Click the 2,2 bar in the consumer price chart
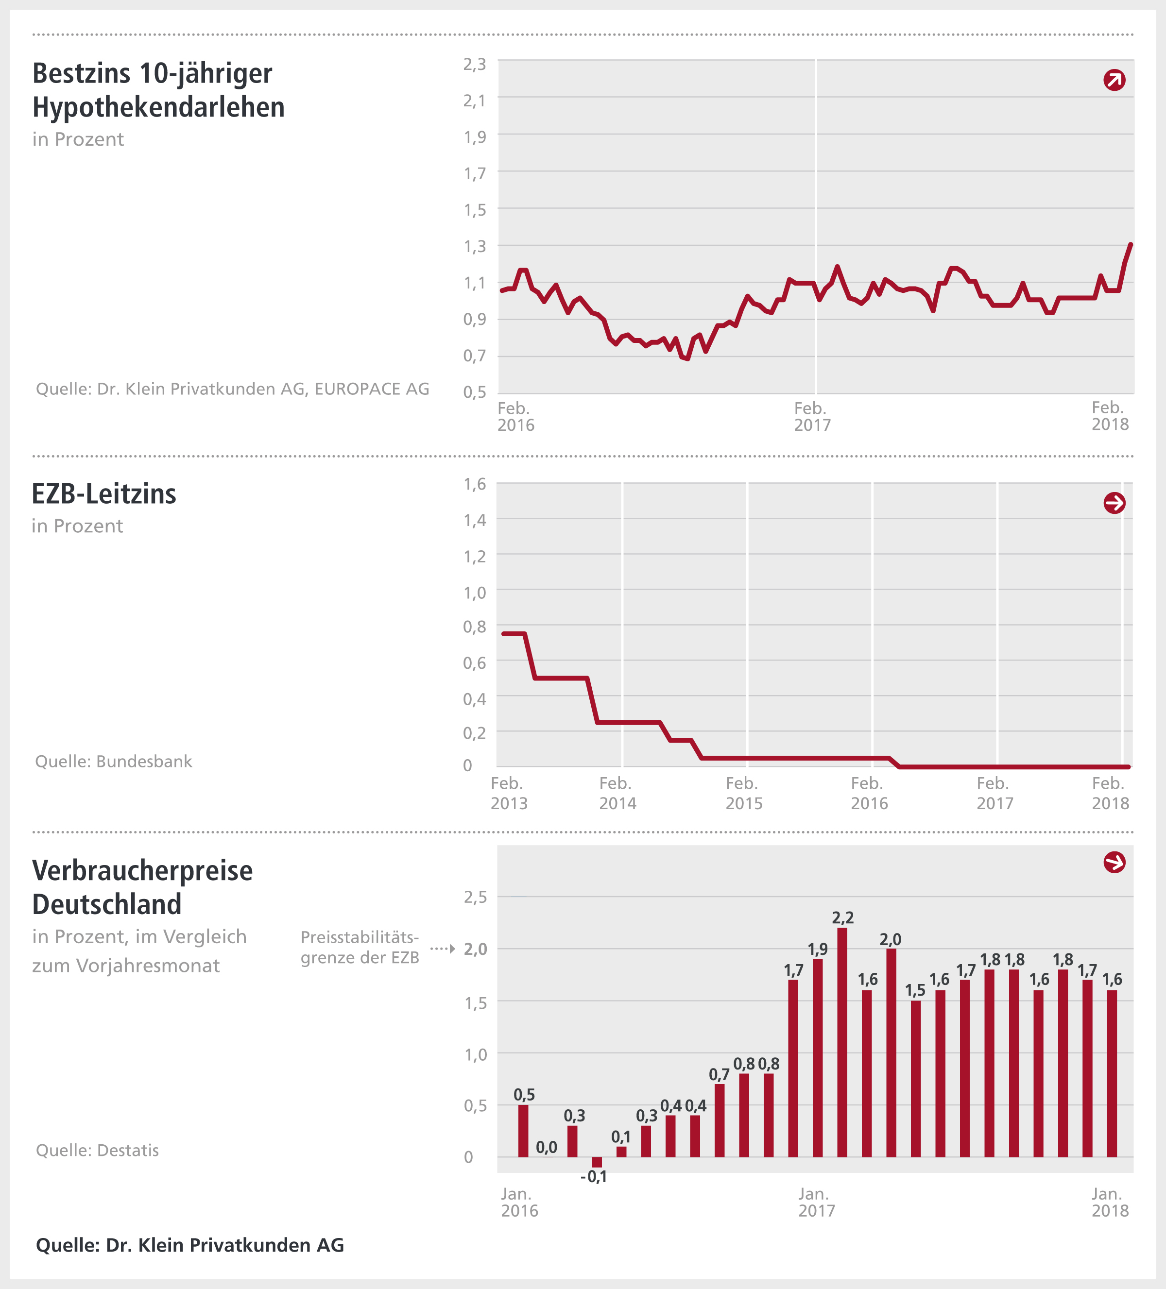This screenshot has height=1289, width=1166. tap(842, 1042)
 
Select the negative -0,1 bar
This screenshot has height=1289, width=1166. tap(597, 1162)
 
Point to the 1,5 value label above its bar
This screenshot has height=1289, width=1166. tap(915, 990)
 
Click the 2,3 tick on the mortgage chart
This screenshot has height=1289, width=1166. tap(475, 64)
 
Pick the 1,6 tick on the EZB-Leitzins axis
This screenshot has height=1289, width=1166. tap(475, 484)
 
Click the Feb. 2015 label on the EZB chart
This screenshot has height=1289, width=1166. tap(743, 793)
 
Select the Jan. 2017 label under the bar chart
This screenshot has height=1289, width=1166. tap(816, 1202)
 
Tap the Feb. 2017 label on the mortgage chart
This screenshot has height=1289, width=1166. tap(812, 416)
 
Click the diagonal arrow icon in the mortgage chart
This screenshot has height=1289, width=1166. tap(1114, 80)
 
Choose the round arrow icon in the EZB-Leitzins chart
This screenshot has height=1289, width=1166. tap(1114, 503)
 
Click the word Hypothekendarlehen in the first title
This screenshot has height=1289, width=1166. tap(158, 107)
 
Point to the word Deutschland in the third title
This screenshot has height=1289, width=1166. tap(107, 904)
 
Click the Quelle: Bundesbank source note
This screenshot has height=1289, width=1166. tap(113, 762)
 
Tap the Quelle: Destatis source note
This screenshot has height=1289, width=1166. tap(97, 1150)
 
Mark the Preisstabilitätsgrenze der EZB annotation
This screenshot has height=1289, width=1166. tap(360, 948)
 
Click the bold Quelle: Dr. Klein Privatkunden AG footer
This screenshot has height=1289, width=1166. tap(189, 1245)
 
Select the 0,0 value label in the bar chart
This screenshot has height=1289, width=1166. tap(546, 1147)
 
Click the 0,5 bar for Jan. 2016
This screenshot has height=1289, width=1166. tap(523, 1131)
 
